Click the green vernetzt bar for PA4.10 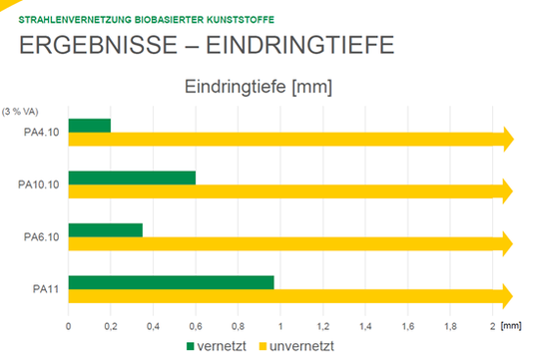pyautogui.click(x=90, y=126)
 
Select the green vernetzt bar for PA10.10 pyautogui.click(x=132, y=178)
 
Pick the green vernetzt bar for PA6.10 pyautogui.click(x=106, y=229)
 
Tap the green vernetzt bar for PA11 pyautogui.click(x=171, y=282)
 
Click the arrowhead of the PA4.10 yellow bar pyautogui.click(x=507, y=140)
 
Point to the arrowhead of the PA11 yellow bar pyautogui.click(x=507, y=295)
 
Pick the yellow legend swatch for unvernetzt pyautogui.click(x=265, y=345)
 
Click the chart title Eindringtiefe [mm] pyautogui.click(x=258, y=87)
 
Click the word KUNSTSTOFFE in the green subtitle pyautogui.click(x=241, y=18)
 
